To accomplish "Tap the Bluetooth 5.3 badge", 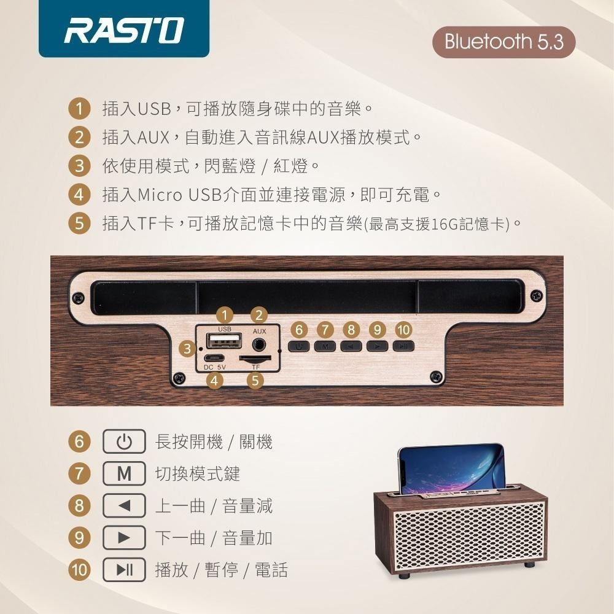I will point(504,42).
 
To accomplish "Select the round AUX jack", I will point(260,342).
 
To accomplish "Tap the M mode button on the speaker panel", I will point(325,346).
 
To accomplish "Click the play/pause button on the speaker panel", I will point(403,346).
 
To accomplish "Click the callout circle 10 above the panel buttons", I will point(403,330).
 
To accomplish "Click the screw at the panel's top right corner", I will point(538,297).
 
